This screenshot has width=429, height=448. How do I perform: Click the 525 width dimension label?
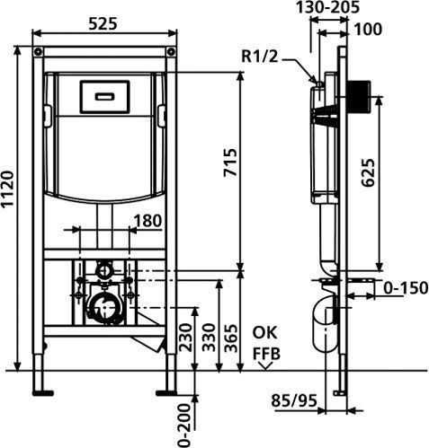[x=103, y=23]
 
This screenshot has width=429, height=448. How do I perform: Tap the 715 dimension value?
[x=231, y=163]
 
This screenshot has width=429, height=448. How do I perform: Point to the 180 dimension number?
[x=147, y=221]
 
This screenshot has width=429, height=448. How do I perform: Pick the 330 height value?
[x=209, y=338]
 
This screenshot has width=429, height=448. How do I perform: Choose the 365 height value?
[x=231, y=338]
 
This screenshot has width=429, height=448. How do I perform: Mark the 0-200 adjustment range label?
[x=184, y=426]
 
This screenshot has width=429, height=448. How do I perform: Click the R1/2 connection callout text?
[x=260, y=57]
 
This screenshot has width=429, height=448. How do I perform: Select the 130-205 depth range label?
[x=327, y=7]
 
